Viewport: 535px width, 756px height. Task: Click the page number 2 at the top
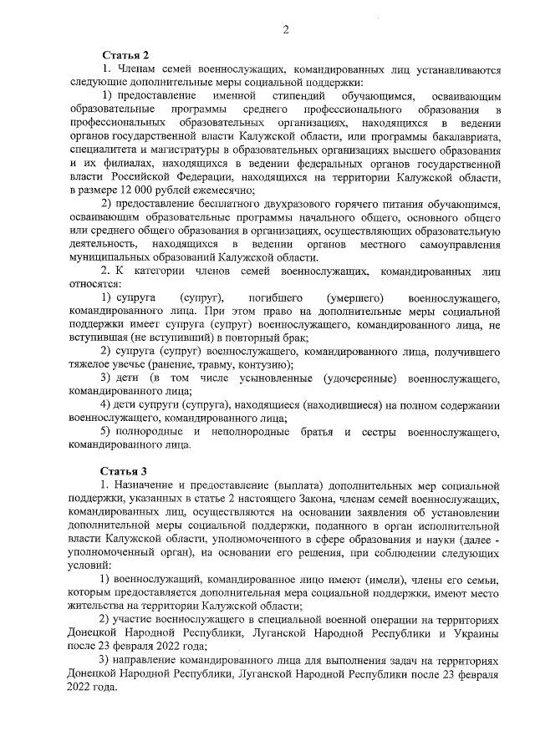[285, 31]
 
